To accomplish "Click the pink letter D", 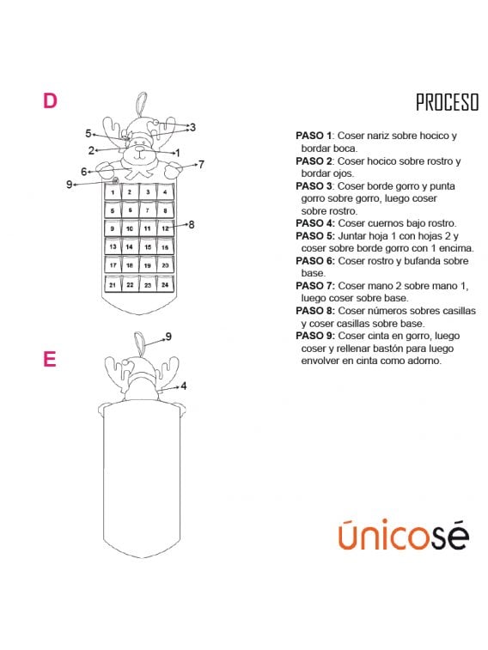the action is pos(50,100).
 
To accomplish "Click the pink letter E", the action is pos(50,359).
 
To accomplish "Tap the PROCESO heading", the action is pos(448,102).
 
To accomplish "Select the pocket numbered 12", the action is pos(165,228).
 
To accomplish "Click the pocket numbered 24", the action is pos(165,284).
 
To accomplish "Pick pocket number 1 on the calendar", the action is pos(113,192).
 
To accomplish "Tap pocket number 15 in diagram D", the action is pos(148,246).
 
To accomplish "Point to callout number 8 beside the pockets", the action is pos(191,225).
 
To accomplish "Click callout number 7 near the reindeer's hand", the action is pos(201,164).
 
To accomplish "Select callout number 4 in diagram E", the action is pos(183,386).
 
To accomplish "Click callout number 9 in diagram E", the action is pos(168,337).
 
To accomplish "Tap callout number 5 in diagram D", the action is pos(88,133).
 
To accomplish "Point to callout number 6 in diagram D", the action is pos(83,171).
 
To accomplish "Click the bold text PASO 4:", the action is pos(315,223).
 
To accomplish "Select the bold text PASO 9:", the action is pos(315,336).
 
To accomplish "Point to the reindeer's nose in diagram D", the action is pos(140,149).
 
